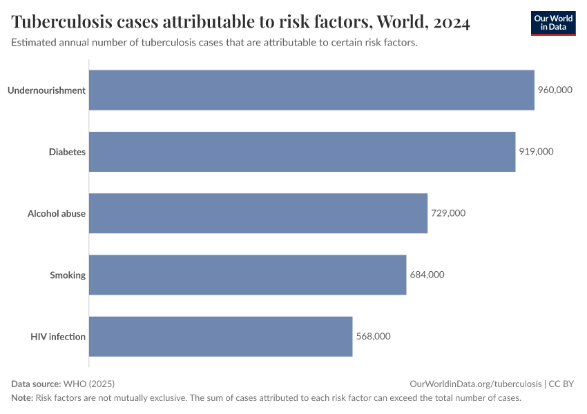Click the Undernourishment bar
click(x=311, y=90)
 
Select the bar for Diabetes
click(x=302, y=152)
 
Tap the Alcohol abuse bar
click(x=258, y=213)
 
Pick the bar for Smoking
click(x=247, y=275)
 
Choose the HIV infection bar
click(x=220, y=337)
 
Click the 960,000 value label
click(x=555, y=90)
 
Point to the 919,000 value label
click(x=536, y=152)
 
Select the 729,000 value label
click(x=448, y=213)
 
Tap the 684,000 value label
click(x=427, y=275)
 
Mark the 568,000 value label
click(x=374, y=337)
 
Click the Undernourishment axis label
click(x=46, y=90)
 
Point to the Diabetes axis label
click(x=67, y=152)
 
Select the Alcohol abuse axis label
click(x=57, y=213)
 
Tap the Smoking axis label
click(x=68, y=275)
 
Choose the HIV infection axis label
click(x=58, y=337)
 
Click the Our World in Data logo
click(x=553, y=23)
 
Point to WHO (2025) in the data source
click(x=88, y=384)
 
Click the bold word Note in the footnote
click(x=21, y=398)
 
